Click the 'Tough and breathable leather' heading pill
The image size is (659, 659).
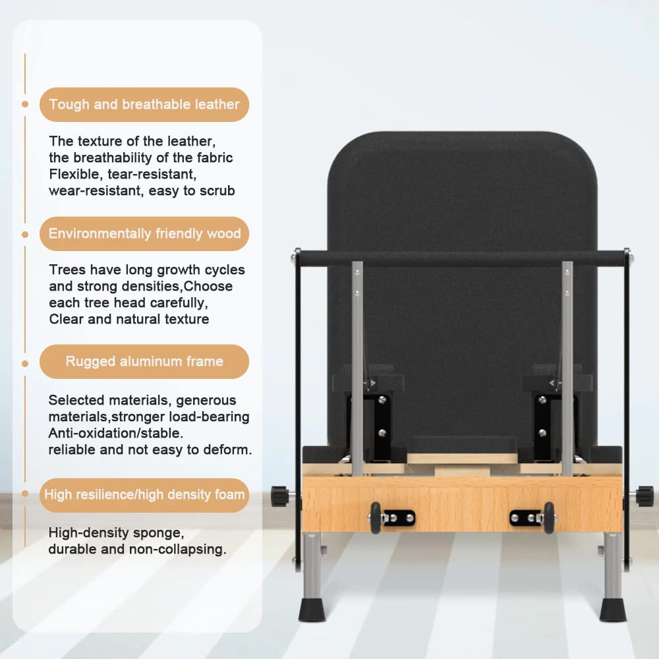144,105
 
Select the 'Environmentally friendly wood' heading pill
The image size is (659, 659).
144,234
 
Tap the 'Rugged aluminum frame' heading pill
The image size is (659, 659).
144,361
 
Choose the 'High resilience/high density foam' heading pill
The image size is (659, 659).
144,495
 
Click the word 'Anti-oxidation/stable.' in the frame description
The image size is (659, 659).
115,433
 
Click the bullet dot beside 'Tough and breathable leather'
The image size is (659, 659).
25,104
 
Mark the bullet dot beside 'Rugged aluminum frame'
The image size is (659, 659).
25,364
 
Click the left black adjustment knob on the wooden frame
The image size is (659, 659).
280,496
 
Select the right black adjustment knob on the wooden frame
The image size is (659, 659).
645,496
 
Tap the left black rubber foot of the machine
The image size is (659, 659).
312,609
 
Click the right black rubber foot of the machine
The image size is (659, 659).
613,609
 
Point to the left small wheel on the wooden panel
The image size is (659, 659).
376,518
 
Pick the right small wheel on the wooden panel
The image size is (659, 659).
549,518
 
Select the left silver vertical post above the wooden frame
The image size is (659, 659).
357,368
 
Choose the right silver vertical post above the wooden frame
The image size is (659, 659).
567,368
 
